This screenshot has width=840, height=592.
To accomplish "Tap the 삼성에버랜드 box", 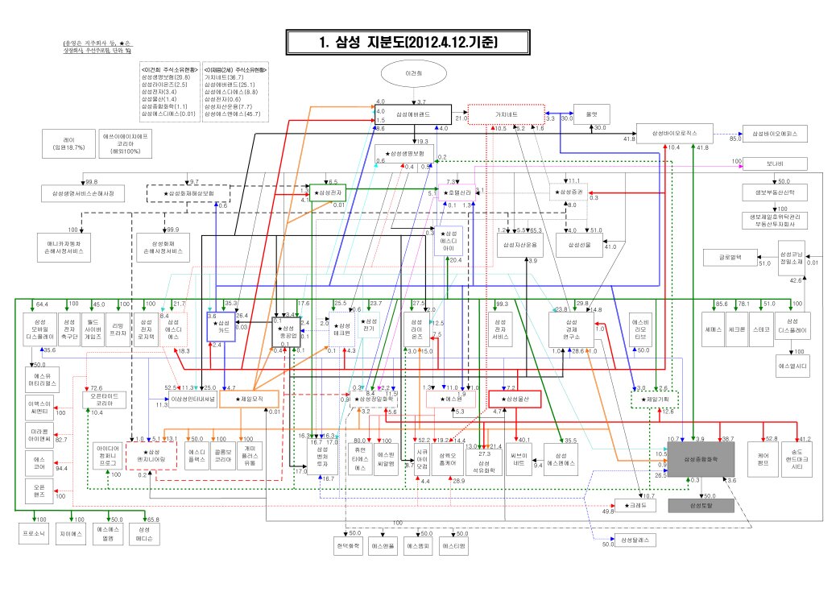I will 419,115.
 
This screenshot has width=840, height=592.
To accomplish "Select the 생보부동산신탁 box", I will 778,193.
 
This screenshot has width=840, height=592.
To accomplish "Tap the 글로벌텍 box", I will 732,258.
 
